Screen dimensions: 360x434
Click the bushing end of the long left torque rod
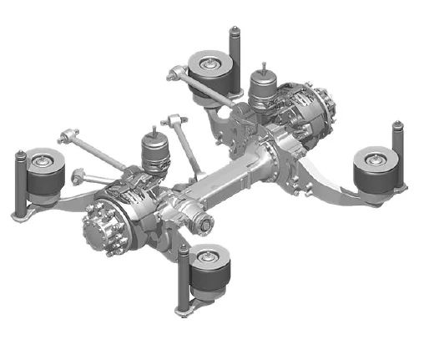[69, 134]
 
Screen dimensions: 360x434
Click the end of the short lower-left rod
[78, 175]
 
